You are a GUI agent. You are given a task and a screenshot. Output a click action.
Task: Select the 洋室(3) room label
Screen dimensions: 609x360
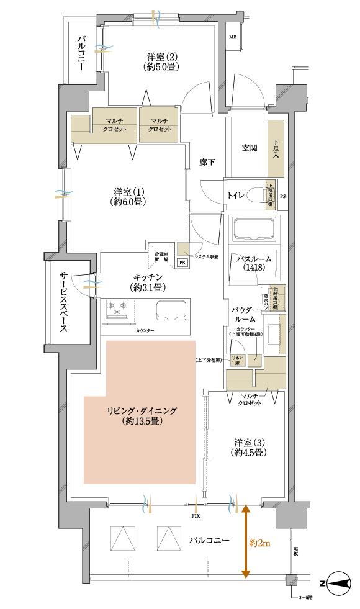pyautogui.click(x=250, y=447)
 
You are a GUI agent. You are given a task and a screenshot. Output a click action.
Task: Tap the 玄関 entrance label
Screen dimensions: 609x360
pyautogui.click(x=250, y=148)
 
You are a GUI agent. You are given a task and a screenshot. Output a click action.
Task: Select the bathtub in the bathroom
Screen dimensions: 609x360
pyautogui.click(x=254, y=231)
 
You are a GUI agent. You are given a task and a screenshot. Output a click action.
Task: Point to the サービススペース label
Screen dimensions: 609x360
pyautogui.click(x=64, y=302)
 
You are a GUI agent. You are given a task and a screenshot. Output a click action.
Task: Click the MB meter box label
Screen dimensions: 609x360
pyautogui.click(x=233, y=37)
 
